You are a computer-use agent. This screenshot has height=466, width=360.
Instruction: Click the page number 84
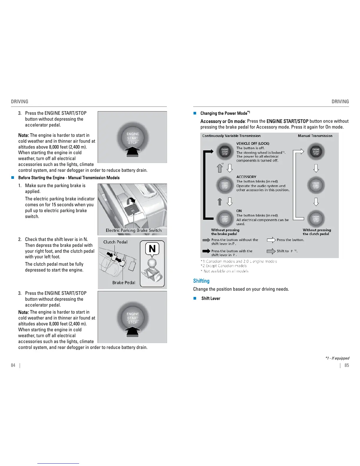pos(13,365)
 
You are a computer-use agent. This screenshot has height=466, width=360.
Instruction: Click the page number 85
pos(347,365)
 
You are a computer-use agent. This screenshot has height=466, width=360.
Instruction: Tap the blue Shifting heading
pos(201,281)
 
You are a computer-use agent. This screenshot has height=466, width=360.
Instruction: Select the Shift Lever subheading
pos(211,298)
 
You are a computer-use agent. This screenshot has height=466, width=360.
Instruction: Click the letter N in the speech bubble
pos(152,249)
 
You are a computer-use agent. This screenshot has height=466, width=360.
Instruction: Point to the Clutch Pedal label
pos(115,242)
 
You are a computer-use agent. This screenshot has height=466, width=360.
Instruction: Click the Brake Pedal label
pos(124,282)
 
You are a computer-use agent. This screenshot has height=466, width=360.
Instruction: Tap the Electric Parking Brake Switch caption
pos(134,230)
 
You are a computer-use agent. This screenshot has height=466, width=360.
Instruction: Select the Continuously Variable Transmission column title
pos(231,136)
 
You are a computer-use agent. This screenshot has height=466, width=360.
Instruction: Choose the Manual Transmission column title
pos(315,136)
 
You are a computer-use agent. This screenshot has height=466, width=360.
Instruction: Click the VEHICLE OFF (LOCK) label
pos(253,144)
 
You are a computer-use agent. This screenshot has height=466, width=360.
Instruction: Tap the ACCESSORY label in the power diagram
pos(246,177)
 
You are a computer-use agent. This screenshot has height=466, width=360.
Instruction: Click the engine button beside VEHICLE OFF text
pos(225,152)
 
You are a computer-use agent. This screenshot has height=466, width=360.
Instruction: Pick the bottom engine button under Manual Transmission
pos(316,219)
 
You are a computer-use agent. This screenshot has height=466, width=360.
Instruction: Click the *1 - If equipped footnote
pos(337,358)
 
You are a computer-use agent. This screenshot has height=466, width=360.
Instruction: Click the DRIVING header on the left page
pos(19,101)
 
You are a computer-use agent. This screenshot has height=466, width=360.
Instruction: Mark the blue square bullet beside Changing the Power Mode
pos(194,113)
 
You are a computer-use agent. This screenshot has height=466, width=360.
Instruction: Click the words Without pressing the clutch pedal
pos(316,232)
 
